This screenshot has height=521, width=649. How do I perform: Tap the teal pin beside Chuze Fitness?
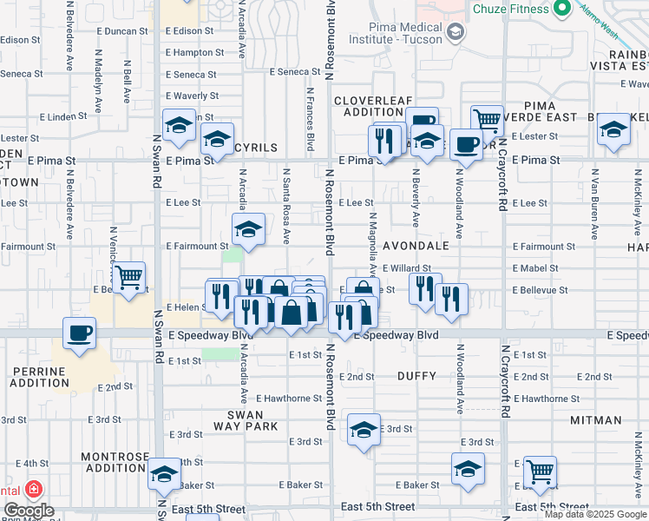coord(561,9)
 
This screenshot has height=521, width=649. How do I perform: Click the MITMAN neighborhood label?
coord(596,419)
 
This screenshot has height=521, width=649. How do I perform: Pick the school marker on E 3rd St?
coord(364,430)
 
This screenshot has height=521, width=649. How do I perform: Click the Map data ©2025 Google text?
coord(594,514)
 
